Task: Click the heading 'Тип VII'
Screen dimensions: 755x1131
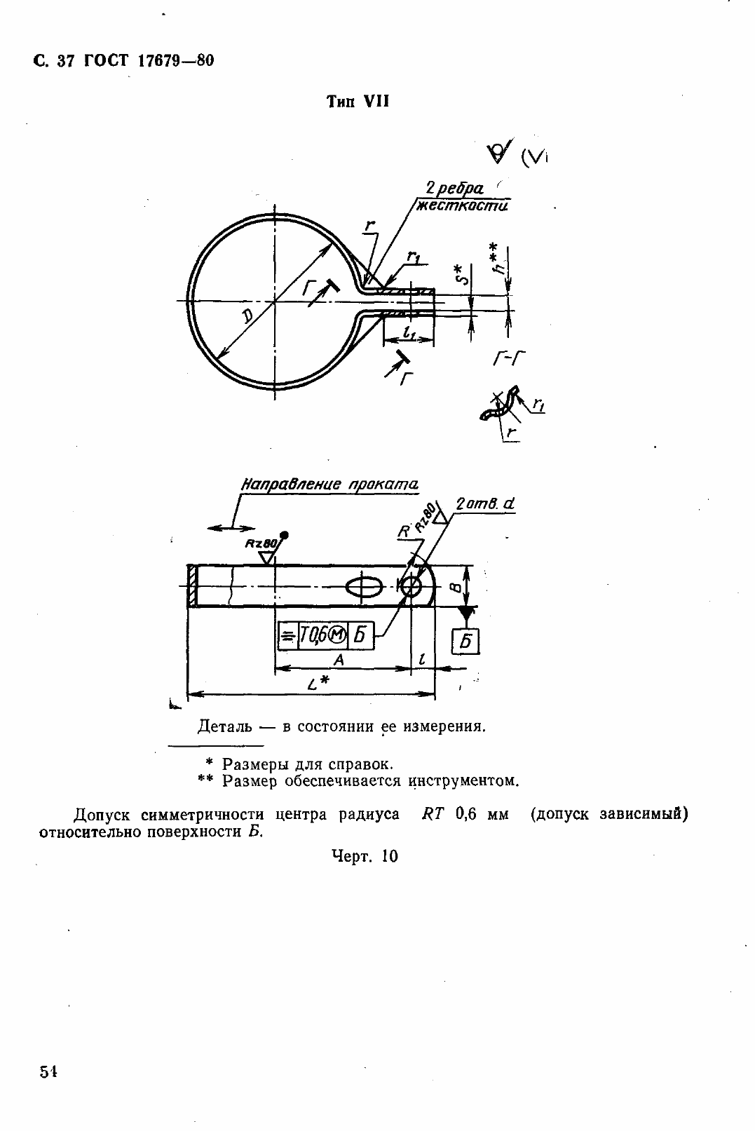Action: (x=358, y=102)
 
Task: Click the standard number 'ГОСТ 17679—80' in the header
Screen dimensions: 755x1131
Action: (x=149, y=61)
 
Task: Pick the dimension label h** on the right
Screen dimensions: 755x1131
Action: (x=498, y=258)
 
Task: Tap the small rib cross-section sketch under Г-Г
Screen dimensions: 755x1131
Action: (x=500, y=405)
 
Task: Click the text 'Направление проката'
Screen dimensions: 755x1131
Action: (x=329, y=485)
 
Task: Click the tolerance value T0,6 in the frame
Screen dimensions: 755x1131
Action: (x=313, y=635)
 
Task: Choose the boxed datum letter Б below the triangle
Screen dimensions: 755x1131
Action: (x=465, y=640)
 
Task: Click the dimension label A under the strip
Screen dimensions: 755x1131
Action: (x=338, y=660)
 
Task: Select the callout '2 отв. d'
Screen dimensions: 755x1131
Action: (x=485, y=503)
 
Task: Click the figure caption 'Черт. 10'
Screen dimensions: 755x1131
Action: (x=365, y=855)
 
